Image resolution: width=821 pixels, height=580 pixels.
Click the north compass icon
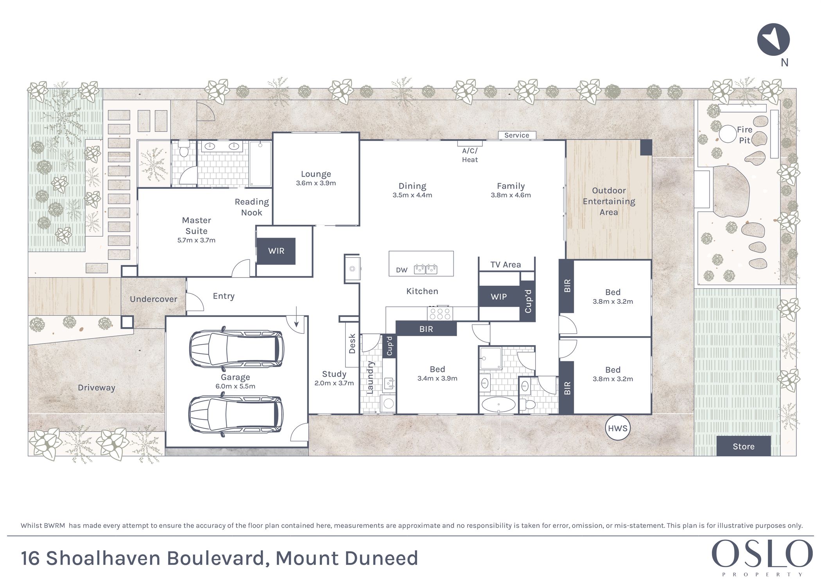click(x=773, y=39)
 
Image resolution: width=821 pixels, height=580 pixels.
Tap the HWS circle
click(x=618, y=428)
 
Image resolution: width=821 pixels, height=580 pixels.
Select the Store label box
click(x=743, y=446)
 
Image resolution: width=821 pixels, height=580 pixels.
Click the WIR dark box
click(x=276, y=251)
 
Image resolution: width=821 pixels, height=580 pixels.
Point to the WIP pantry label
click(x=498, y=297)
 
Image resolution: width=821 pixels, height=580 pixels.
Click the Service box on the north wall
click(x=517, y=135)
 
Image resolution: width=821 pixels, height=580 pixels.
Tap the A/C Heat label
click(x=470, y=155)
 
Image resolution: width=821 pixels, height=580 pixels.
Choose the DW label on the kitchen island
click(x=402, y=270)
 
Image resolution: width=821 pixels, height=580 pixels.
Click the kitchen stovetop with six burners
click(x=440, y=313)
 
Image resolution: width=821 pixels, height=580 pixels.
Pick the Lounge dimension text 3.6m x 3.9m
click(x=316, y=183)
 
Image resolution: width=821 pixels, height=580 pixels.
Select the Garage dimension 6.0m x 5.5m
click(x=235, y=386)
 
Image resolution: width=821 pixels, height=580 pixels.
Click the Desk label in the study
click(x=352, y=344)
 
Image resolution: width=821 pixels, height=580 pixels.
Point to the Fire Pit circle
click(x=728, y=134)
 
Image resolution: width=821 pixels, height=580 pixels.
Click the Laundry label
click(x=370, y=377)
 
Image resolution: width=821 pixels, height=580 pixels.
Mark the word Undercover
click(x=154, y=299)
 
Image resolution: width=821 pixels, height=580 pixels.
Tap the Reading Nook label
click(x=252, y=207)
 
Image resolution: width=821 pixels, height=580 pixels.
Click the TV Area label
click(x=506, y=265)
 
